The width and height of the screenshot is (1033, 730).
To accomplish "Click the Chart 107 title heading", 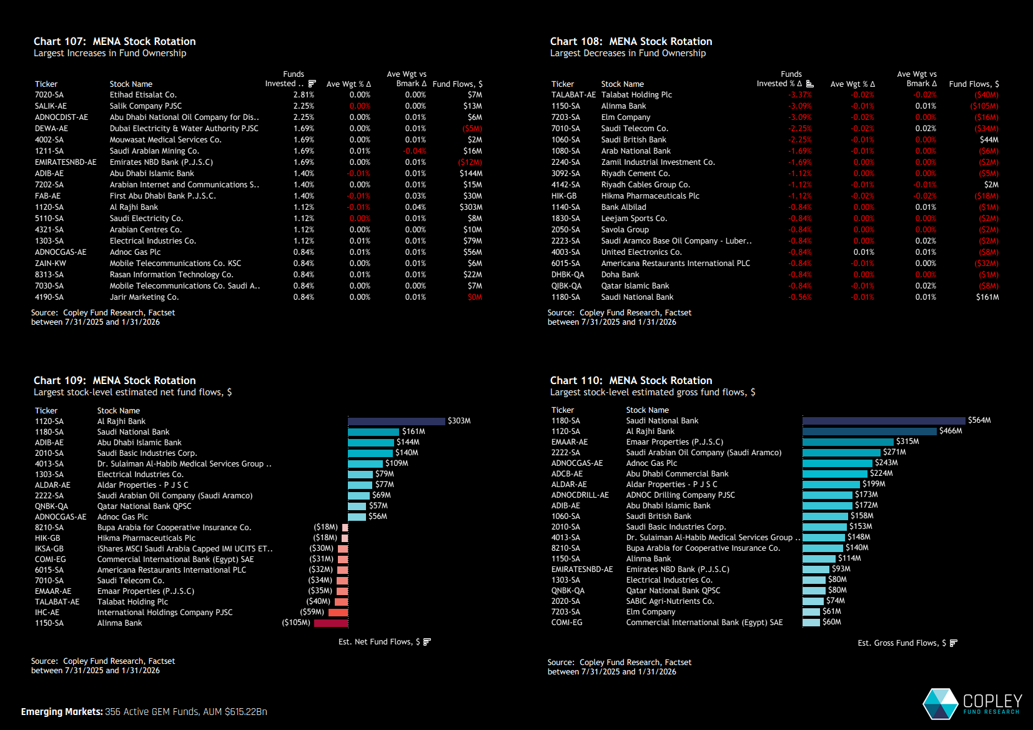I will tap(114, 41).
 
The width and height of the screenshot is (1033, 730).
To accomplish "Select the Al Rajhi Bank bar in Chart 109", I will tap(396, 422).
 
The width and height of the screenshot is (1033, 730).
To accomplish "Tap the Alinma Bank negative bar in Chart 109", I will tap(331, 623).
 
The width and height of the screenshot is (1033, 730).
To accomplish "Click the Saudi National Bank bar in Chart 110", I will tap(883, 421).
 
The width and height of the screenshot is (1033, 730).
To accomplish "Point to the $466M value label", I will tap(951, 431).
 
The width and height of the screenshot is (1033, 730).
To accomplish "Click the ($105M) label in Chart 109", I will tap(296, 623).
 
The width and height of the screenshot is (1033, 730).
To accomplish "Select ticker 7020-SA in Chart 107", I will tap(49, 95).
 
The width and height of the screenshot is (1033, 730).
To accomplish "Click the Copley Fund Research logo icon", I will tap(940, 704).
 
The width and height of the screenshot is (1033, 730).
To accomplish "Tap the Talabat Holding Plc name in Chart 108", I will tap(636, 95).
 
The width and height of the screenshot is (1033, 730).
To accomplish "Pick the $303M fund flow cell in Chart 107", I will tap(471, 207).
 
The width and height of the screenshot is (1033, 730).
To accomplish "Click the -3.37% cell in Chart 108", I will tap(800, 95).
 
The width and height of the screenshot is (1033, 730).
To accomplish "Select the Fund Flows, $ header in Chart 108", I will tap(974, 84).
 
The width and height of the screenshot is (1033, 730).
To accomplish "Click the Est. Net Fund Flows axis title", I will tap(379, 642).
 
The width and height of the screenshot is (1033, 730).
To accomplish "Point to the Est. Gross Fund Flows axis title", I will tap(902, 643).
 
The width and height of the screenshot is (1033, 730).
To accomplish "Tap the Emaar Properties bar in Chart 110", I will tap(848, 442).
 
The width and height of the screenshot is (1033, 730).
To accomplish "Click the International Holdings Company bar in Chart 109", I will tap(338, 613).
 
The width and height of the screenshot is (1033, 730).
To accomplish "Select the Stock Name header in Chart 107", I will tap(131, 84).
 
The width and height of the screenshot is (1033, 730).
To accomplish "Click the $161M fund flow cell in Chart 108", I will tap(987, 297).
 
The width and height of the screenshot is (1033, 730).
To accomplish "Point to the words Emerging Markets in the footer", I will tap(62, 712).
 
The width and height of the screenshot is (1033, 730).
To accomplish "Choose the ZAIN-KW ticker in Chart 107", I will tap(51, 264).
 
